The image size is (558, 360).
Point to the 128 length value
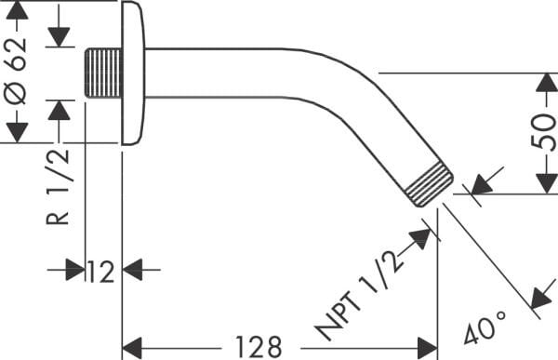point(258,347)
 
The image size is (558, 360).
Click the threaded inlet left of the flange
point(103,73)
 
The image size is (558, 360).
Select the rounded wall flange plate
point(133,73)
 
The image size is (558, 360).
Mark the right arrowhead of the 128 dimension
point(427,347)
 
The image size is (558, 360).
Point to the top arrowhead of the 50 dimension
point(546,83)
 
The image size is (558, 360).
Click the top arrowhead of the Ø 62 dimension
point(17,11)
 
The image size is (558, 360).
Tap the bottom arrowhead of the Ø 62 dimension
point(17,133)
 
